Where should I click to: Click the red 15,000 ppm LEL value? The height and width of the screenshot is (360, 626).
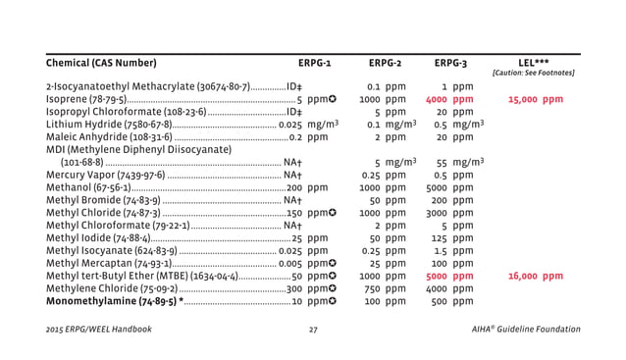pyautogui.click(x=536, y=99)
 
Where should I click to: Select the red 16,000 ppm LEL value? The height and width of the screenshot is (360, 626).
pyautogui.click(x=536, y=277)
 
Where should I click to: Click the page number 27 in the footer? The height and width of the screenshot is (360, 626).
pyautogui.click(x=313, y=329)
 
